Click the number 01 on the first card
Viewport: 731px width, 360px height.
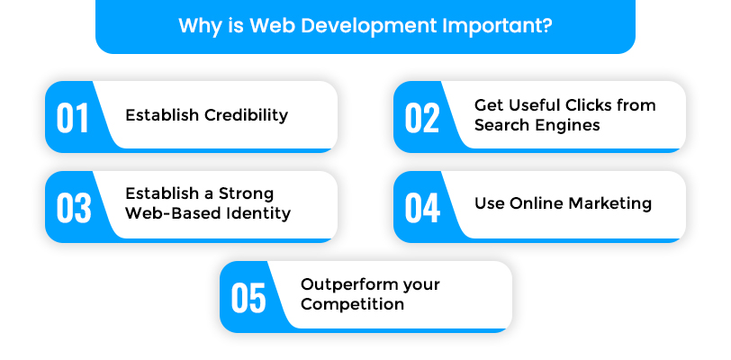tap(72, 118)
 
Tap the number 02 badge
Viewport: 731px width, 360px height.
tap(422, 118)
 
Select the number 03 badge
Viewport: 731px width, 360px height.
tap(74, 208)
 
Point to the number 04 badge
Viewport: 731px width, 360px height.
tap(422, 208)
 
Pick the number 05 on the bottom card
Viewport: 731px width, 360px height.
tap(248, 298)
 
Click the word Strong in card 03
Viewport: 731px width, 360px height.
tap(246, 193)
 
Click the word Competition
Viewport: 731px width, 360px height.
tap(353, 304)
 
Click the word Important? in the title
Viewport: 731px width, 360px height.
tap(498, 26)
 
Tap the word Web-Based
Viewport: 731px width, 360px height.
tap(173, 213)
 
